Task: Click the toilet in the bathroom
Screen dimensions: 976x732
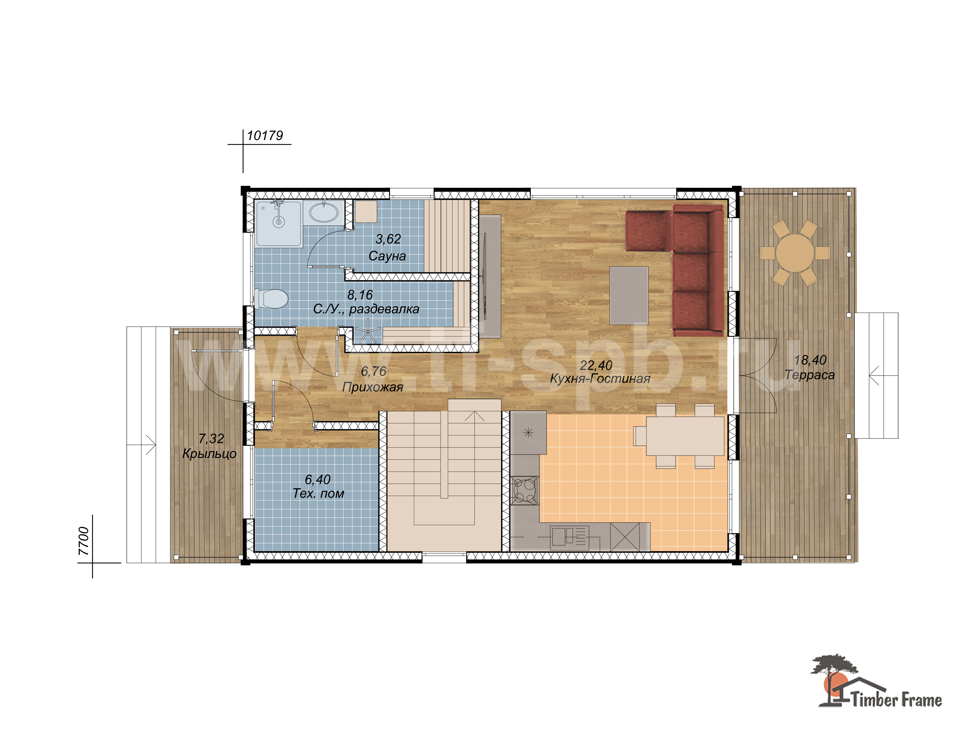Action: tap(271, 299)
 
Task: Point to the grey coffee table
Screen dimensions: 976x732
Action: tap(629, 295)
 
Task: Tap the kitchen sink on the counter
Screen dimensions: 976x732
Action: tap(569, 537)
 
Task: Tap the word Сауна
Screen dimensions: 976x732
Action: tap(387, 256)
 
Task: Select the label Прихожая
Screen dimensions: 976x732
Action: tap(373, 387)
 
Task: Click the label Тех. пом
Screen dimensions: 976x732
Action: tap(318, 493)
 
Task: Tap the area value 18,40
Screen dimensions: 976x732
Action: tap(810, 360)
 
